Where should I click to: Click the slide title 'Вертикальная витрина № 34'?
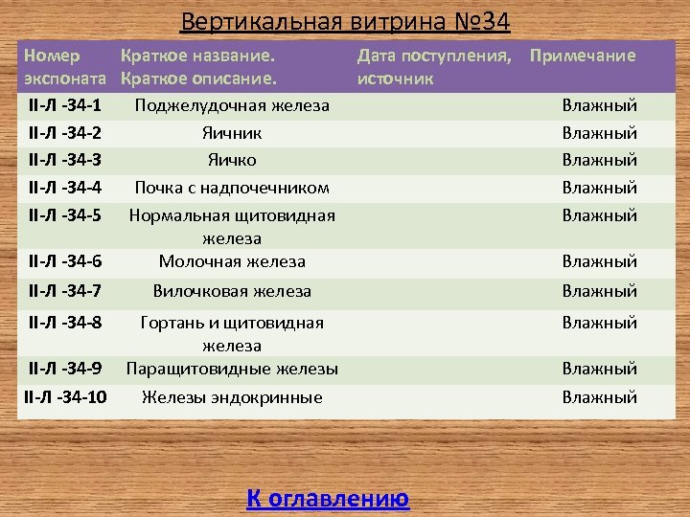[344, 20]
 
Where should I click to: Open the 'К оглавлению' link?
[328, 498]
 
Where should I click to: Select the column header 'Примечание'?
[583, 56]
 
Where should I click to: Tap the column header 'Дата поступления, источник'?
[436, 66]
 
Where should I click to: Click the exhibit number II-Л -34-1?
[66, 104]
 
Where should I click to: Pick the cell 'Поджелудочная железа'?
[232, 105]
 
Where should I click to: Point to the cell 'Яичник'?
[232, 133]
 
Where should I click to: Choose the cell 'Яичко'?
[232, 160]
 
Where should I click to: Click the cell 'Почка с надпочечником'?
[232, 188]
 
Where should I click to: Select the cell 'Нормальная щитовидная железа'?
[232, 226]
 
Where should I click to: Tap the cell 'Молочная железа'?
[232, 261]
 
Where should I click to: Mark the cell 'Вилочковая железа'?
[232, 291]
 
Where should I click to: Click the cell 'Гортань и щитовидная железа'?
[232, 333]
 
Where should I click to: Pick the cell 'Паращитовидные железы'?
[232, 369]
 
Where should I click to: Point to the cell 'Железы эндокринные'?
[232, 397]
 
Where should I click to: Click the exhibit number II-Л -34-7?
[66, 291]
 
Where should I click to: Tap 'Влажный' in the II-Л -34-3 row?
[599, 160]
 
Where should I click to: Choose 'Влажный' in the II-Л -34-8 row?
[599, 323]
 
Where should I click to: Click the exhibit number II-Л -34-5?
[66, 215]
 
